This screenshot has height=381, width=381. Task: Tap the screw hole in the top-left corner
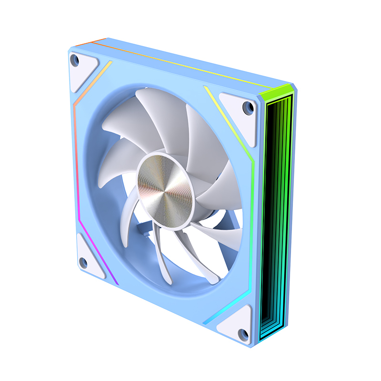[x=74, y=60]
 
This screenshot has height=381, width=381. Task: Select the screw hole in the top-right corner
[x=248, y=108]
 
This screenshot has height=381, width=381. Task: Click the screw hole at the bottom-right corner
[x=243, y=333]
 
